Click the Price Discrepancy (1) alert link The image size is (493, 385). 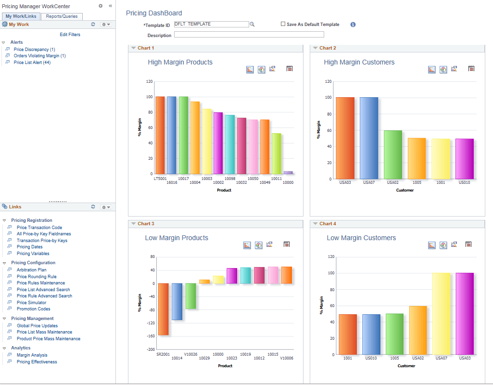pos(34,50)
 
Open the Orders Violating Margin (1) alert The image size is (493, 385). pos(39,56)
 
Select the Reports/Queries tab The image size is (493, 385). pos(62,16)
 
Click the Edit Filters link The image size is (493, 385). pos(70,35)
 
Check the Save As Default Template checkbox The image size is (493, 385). pos(283,24)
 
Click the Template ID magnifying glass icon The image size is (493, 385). pos(252,25)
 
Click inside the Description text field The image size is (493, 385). pos(249,35)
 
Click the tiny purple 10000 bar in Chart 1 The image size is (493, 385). pos(288,172)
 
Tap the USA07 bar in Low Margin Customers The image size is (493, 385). pos(441,313)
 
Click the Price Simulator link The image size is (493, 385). pos(31,303)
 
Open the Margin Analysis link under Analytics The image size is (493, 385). pos(32,355)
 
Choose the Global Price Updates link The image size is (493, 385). pos(37,326)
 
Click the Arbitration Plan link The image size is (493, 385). pos(31,270)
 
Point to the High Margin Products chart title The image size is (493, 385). pos(180,62)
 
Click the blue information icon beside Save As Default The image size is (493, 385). pos(353,25)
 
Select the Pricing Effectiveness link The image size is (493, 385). pos(37,362)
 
